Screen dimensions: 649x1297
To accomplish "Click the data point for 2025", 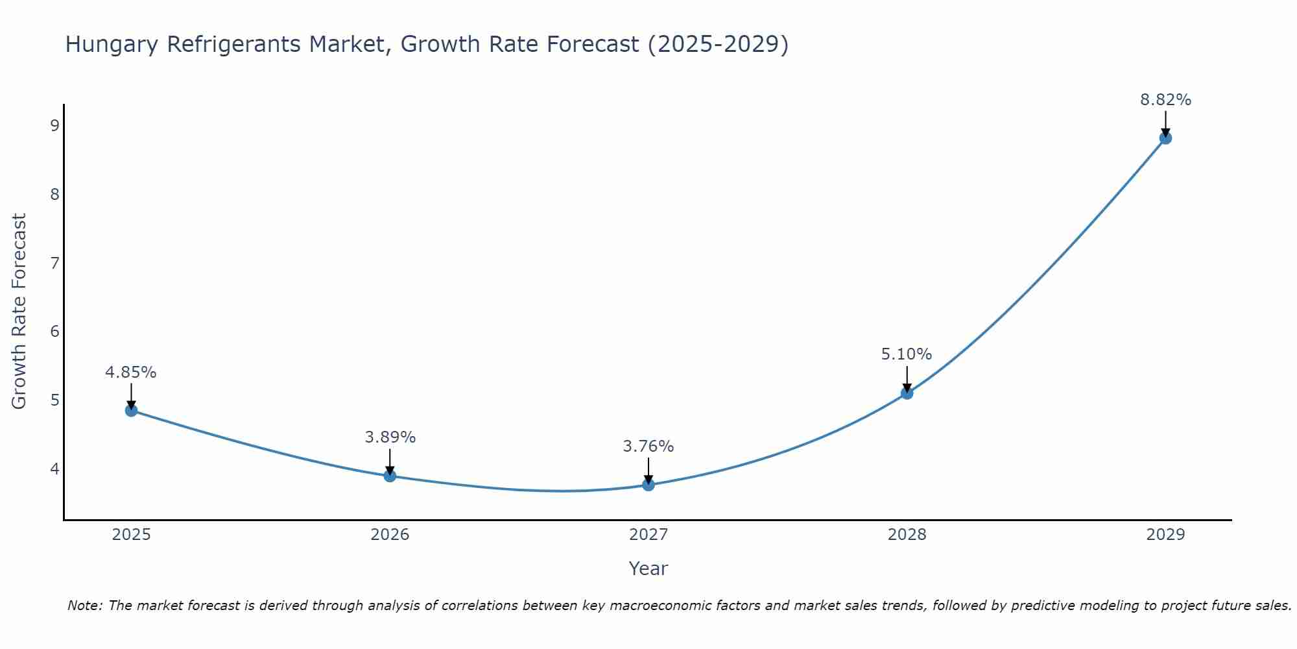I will click(131, 410).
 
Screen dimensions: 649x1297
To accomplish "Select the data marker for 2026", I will click(390, 476).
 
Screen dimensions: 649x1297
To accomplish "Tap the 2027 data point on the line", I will click(648, 484).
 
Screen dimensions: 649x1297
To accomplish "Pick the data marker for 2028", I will click(907, 393).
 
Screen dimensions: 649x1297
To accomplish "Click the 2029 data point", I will click(1165, 138).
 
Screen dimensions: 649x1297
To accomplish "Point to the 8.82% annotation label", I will click(1165, 100).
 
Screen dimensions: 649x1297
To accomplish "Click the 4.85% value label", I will click(131, 373).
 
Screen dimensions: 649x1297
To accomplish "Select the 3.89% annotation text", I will click(390, 437).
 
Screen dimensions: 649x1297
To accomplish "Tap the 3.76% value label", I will click(648, 447).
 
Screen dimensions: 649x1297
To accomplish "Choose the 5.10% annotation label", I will click(907, 354).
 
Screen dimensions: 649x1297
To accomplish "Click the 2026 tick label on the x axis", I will click(390, 535).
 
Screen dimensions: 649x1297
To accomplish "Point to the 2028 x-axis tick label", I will click(907, 535).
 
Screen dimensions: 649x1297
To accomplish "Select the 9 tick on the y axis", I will click(54, 125).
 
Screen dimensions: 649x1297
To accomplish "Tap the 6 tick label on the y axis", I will click(54, 332).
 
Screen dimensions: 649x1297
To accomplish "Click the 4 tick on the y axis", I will click(54, 469).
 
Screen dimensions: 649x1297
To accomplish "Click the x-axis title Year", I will click(648, 569).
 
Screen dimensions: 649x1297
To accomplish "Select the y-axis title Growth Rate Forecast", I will click(19, 312).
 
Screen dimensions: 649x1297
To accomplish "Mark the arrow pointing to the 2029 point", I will click(1165, 123).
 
